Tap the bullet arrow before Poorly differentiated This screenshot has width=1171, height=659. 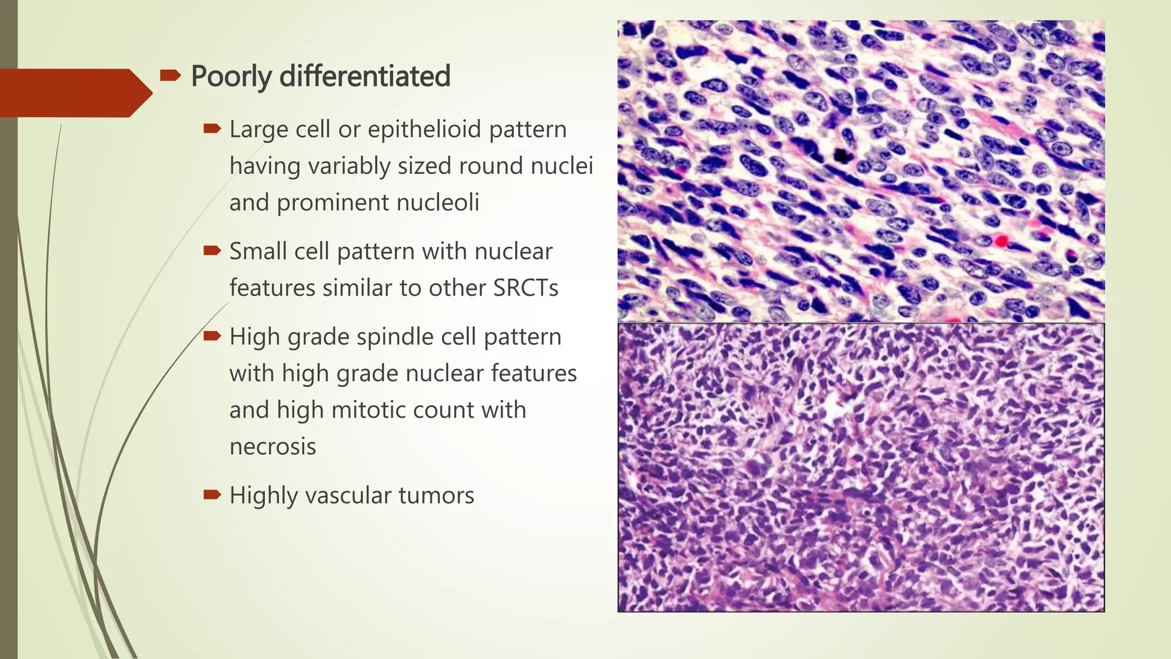(x=170, y=75)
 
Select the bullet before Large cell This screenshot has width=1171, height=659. (x=212, y=129)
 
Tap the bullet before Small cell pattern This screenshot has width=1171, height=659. (x=212, y=251)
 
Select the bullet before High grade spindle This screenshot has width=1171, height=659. (x=212, y=336)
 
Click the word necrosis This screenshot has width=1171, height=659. (x=272, y=447)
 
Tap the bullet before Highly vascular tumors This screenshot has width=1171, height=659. (x=212, y=494)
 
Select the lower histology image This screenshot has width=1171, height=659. (x=861, y=467)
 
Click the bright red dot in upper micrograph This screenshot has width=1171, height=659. (x=1001, y=241)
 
